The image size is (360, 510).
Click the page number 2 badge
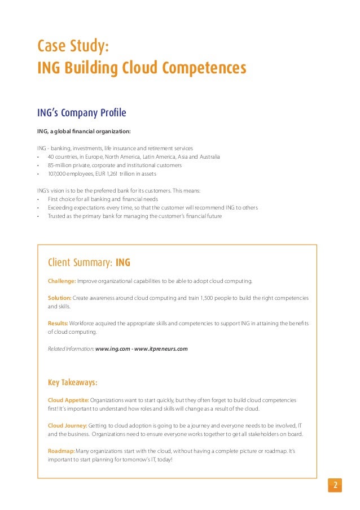click(335, 486)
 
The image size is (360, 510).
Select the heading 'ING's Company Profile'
click(81, 114)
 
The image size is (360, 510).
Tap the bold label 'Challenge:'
click(62, 280)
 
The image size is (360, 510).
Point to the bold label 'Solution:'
click(60, 298)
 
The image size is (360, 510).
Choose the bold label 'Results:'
click(58, 323)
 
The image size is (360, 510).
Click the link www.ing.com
click(115, 349)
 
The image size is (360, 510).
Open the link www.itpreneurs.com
click(164, 349)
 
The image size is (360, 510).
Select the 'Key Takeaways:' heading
click(73, 382)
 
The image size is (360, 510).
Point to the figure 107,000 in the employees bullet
click(57, 175)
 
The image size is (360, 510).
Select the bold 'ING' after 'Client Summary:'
click(123, 263)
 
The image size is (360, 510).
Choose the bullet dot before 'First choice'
click(38, 199)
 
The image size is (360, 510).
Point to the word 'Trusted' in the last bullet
click(57, 216)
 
